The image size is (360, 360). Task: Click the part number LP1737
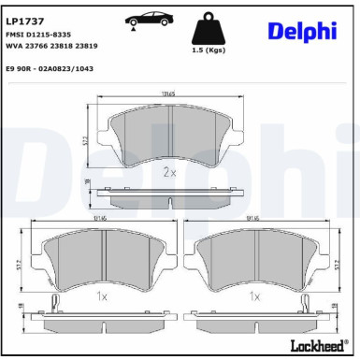(24, 20)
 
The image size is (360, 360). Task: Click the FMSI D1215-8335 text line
(40, 34)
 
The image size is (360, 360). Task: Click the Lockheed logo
(316, 347)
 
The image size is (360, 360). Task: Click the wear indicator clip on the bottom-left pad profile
(57, 302)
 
